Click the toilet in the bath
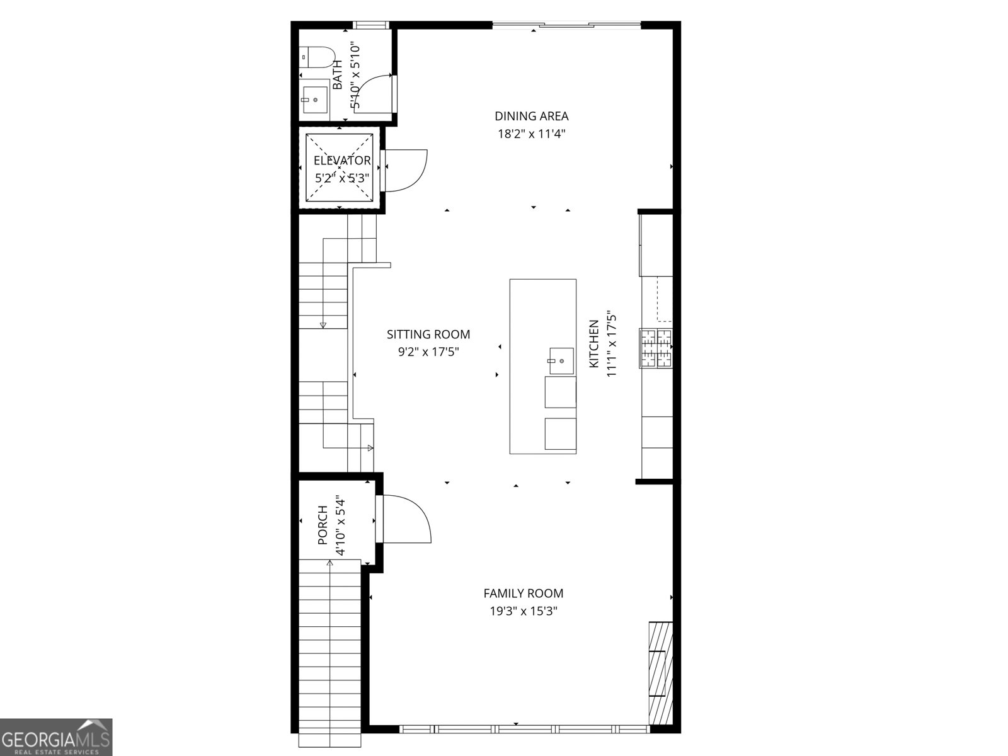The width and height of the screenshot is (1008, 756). (x=318, y=57)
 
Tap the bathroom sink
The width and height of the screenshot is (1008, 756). (x=314, y=100)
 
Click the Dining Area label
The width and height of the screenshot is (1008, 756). (x=531, y=116)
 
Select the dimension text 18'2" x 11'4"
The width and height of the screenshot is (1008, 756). (x=531, y=134)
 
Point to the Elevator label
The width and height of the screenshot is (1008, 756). (x=342, y=161)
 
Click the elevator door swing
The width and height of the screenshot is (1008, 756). (x=406, y=169)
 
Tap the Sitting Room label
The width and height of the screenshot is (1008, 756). (x=428, y=335)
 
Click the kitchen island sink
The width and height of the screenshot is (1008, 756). (x=560, y=360)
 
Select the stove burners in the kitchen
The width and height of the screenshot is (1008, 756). (x=656, y=348)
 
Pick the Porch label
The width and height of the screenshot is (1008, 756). (x=323, y=525)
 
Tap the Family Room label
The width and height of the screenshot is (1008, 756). (x=524, y=593)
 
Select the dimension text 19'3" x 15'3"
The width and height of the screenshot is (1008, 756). (x=524, y=610)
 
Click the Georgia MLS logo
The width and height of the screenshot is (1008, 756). (x=56, y=737)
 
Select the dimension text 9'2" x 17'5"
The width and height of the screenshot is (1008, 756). (x=428, y=352)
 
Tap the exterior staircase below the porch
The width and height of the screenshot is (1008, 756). (x=329, y=655)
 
